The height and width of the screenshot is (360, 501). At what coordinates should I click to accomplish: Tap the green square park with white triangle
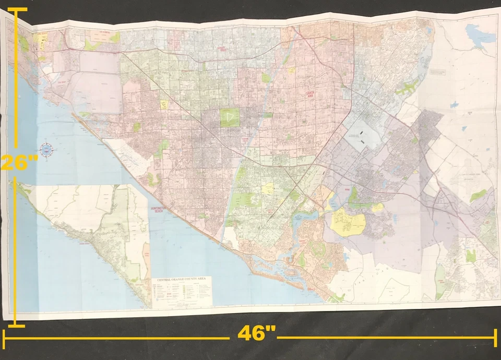click(x=229, y=117)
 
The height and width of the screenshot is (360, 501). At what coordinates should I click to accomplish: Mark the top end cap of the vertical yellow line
click(x=17, y=9)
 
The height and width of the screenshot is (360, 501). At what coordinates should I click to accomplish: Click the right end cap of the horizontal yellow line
click(x=495, y=338)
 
